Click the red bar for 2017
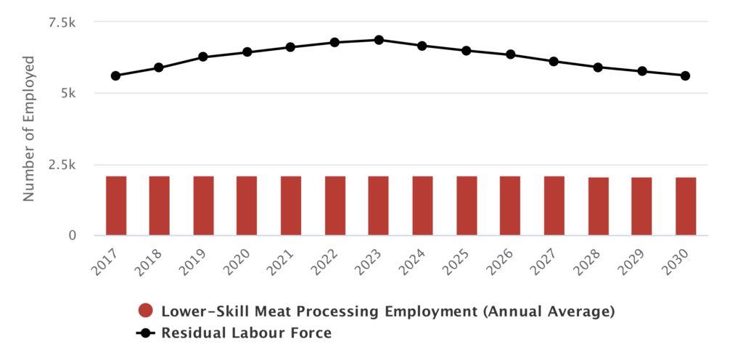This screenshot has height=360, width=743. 116,205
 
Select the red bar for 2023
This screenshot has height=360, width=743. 378,205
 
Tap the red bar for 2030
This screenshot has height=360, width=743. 686,206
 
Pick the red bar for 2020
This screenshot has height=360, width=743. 247,205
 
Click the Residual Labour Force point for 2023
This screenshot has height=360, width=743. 379,40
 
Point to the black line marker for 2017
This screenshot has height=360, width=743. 116,75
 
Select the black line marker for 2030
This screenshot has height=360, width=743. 686,75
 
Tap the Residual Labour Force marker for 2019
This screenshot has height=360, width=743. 203,57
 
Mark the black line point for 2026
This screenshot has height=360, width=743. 511,54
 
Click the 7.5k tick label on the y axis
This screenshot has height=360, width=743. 61,22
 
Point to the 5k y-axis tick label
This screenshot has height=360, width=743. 67,94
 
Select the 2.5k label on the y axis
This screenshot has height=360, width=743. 61,165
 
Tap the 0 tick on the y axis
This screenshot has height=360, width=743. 72,236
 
